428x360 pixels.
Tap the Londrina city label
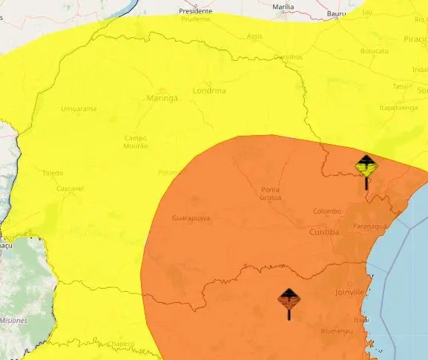[211, 91]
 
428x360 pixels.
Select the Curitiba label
[323, 232]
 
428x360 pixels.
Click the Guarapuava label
[191, 218]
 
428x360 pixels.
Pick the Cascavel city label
[70, 189]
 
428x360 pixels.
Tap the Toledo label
[53, 173]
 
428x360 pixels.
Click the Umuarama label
[79, 109]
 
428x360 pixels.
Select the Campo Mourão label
[136, 142]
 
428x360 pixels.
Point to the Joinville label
[350, 292]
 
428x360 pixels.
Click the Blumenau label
[335, 330]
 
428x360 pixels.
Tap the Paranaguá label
[369, 226]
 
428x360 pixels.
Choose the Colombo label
[326, 211]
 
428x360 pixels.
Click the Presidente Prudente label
[196, 15]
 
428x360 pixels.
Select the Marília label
[283, 7]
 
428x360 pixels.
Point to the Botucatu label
[374, 51]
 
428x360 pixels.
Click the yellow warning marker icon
[366, 166]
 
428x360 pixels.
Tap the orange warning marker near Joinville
[289, 300]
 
